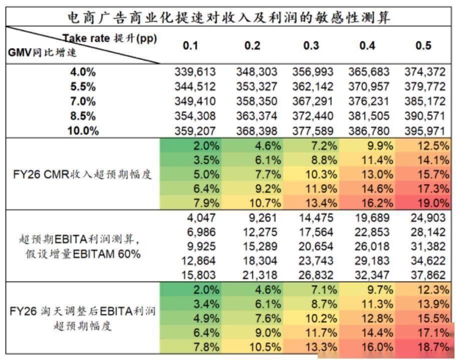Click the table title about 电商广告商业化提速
pyautogui.click(x=229, y=17)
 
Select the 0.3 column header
pyautogui.click(x=311, y=46)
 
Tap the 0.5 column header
pyautogui.click(x=423, y=46)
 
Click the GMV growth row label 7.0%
pyautogui.click(x=83, y=101)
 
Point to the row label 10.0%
pyautogui.click(x=83, y=131)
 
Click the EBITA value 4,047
pyautogui.click(x=200, y=217)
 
